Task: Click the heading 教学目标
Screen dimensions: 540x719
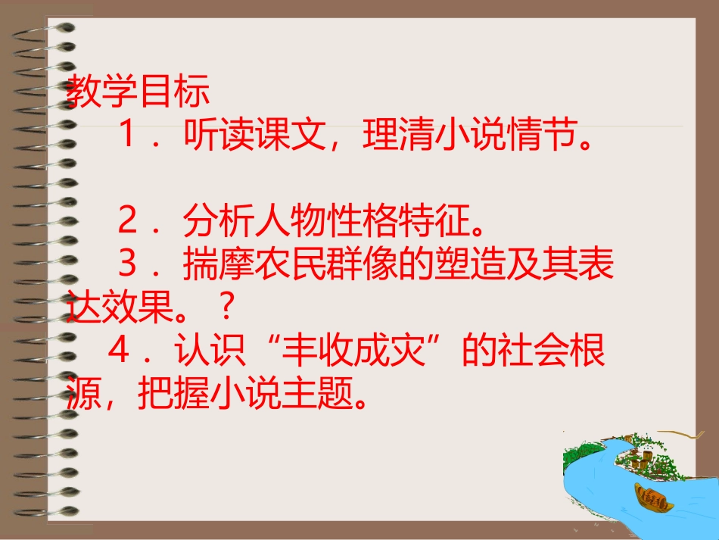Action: pos(137,94)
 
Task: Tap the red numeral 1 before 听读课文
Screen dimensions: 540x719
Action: pos(128,137)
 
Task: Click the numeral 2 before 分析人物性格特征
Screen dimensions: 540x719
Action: pos(128,223)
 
